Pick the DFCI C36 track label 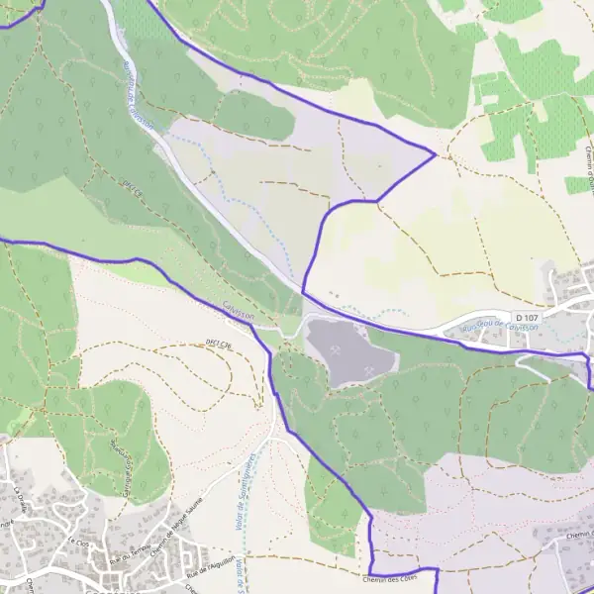(218, 342)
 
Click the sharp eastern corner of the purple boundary (436, 153)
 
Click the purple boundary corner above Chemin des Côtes (371, 516)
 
